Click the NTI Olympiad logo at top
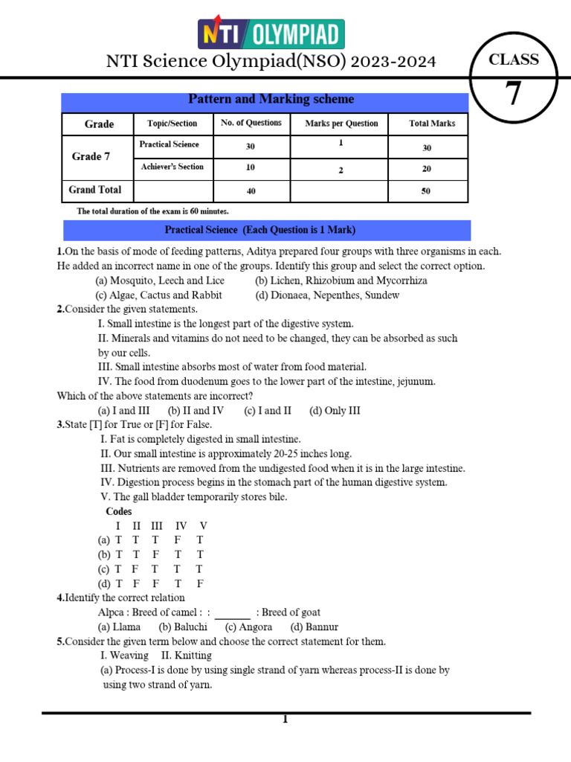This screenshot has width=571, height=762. click(x=270, y=34)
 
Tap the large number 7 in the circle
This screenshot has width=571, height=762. click(x=514, y=95)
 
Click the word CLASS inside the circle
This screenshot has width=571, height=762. click(x=514, y=60)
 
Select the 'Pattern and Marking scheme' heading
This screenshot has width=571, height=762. click(x=271, y=99)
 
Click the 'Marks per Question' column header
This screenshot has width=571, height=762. click(x=341, y=124)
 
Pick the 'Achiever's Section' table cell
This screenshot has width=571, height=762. click(x=172, y=167)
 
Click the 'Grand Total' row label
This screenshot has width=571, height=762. click(x=95, y=190)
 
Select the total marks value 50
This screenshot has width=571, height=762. click(x=427, y=191)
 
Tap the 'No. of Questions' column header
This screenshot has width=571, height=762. click(x=251, y=123)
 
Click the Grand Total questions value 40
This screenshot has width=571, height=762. click(x=251, y=191)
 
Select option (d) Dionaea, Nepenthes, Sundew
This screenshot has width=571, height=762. click(x=327, y=295)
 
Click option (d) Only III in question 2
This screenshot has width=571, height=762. click(x=335, y=410)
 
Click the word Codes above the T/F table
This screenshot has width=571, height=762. click(x=119, y=511)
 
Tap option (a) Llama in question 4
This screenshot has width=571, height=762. click(x=119, y=627)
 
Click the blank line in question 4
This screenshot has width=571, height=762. click(x=233, y=615)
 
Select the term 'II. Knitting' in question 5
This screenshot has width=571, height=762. click(x=187, y=656)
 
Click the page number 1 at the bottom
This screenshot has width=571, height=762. click(x=284, y=720)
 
